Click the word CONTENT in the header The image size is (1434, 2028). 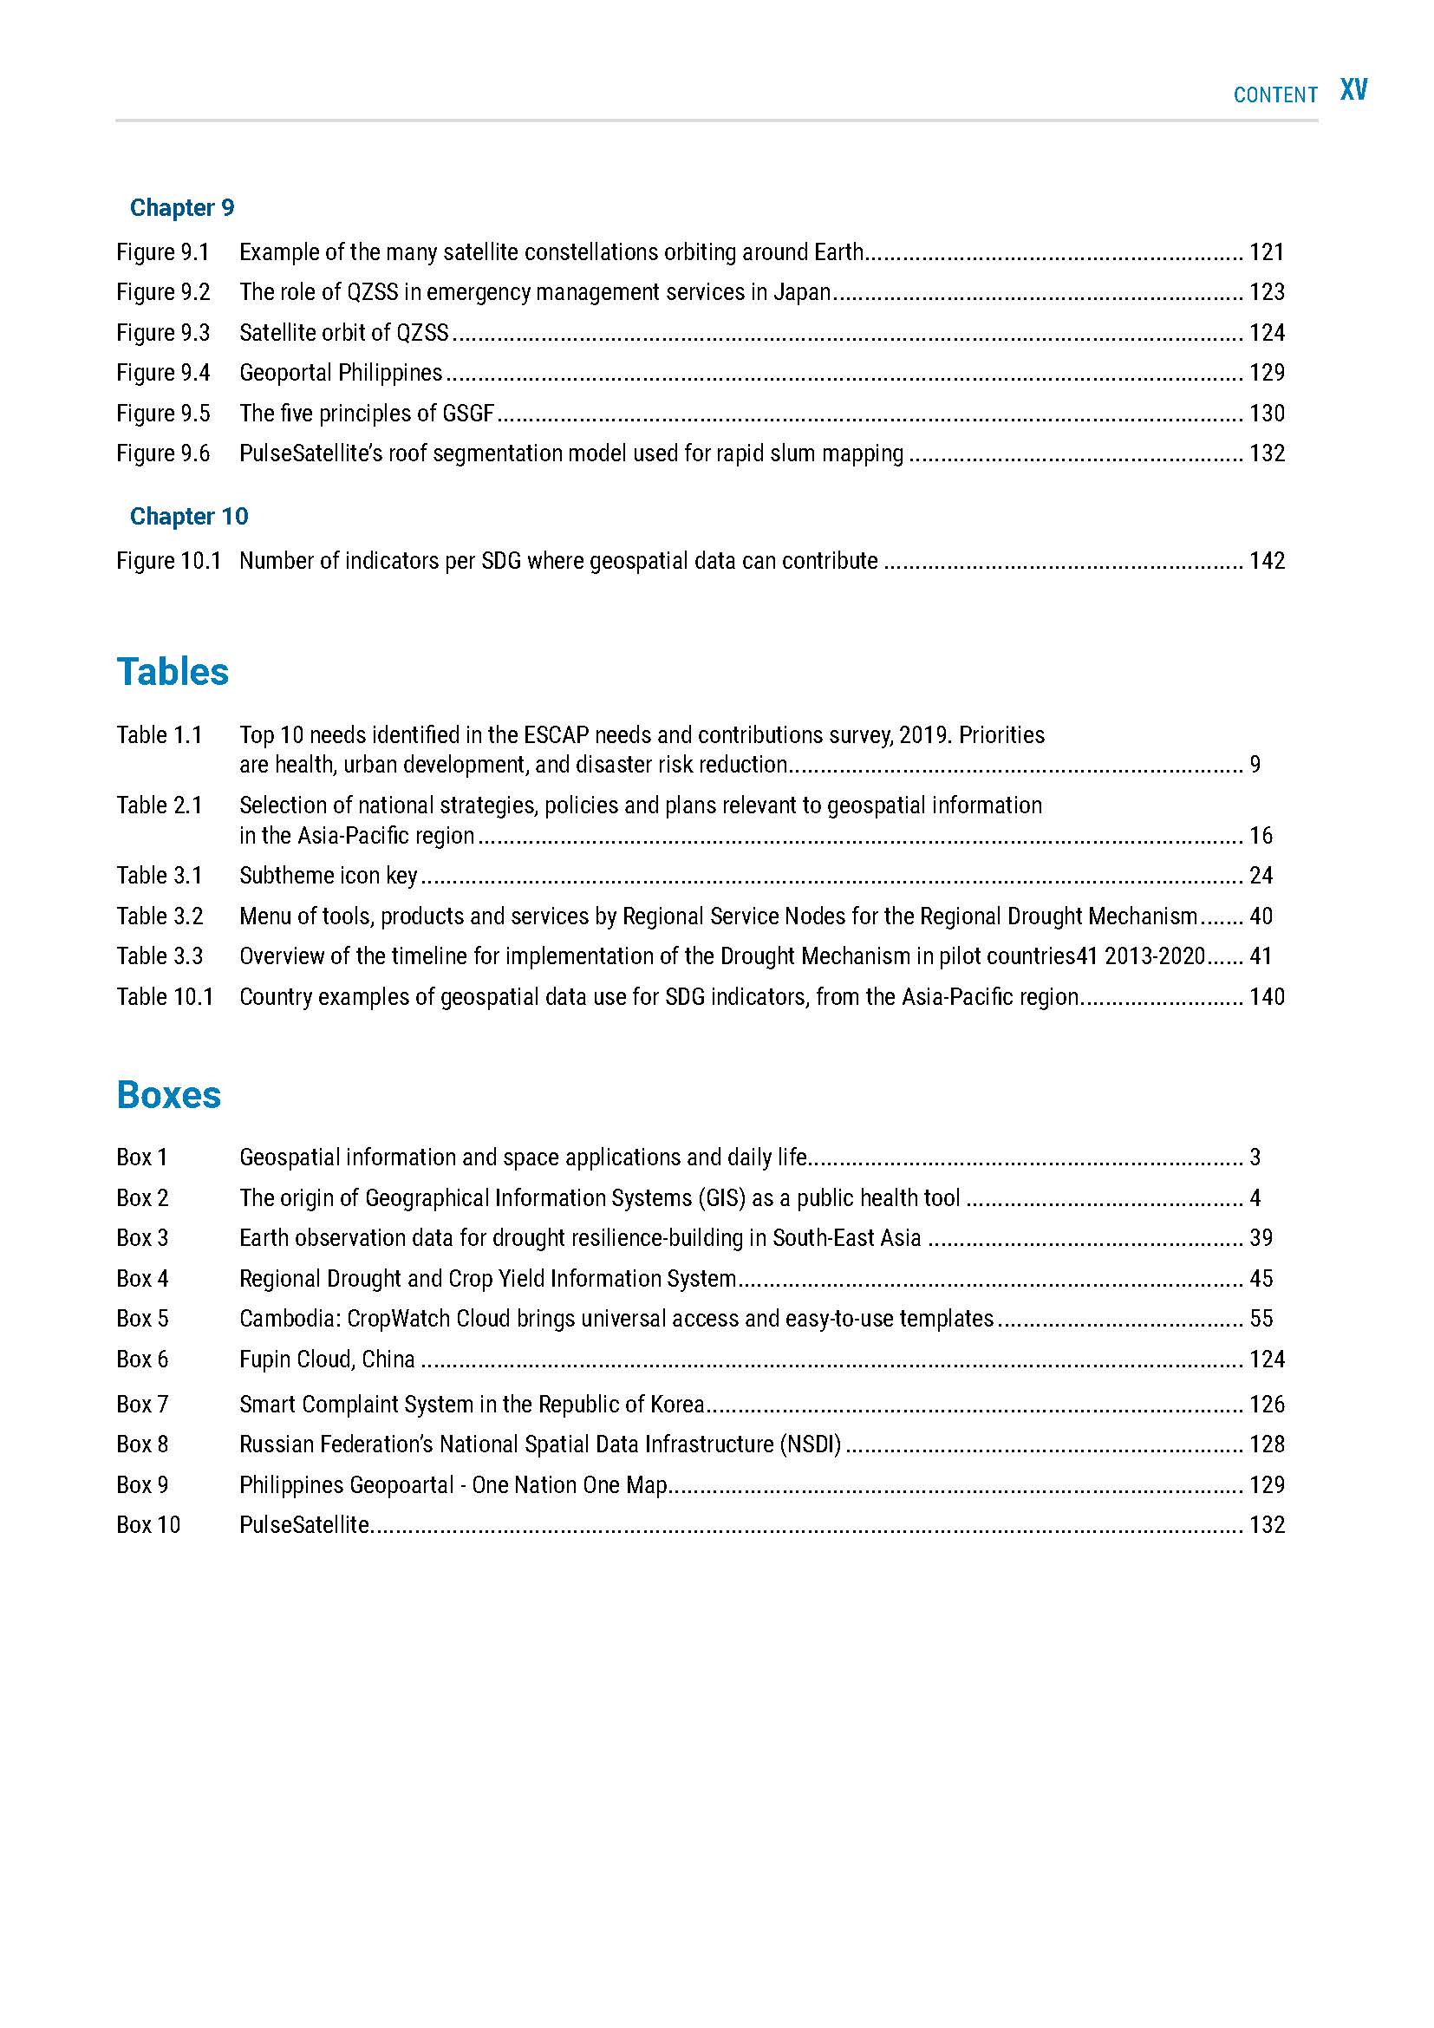click(1275, 95)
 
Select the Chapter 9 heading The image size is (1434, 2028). click(182, 207)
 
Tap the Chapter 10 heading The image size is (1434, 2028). click(189, 516)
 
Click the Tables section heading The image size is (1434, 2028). click(173, 671)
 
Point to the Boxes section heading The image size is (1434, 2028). click(169, 1094)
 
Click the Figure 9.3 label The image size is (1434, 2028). click(163, 333)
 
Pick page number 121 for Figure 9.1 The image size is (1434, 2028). click(1266, 252)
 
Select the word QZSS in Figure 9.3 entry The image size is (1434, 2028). click(422, 333)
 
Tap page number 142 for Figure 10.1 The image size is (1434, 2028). click(1266, 561)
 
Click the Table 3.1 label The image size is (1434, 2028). click(160, 876)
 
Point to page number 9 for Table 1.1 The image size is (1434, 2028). click(1255, 765)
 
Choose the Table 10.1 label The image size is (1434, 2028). click(165, 996)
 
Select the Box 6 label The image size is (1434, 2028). click(142, 1359)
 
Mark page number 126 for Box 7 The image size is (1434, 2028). click(1266, 1405)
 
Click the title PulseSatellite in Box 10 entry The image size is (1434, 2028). click(303, 1524)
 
